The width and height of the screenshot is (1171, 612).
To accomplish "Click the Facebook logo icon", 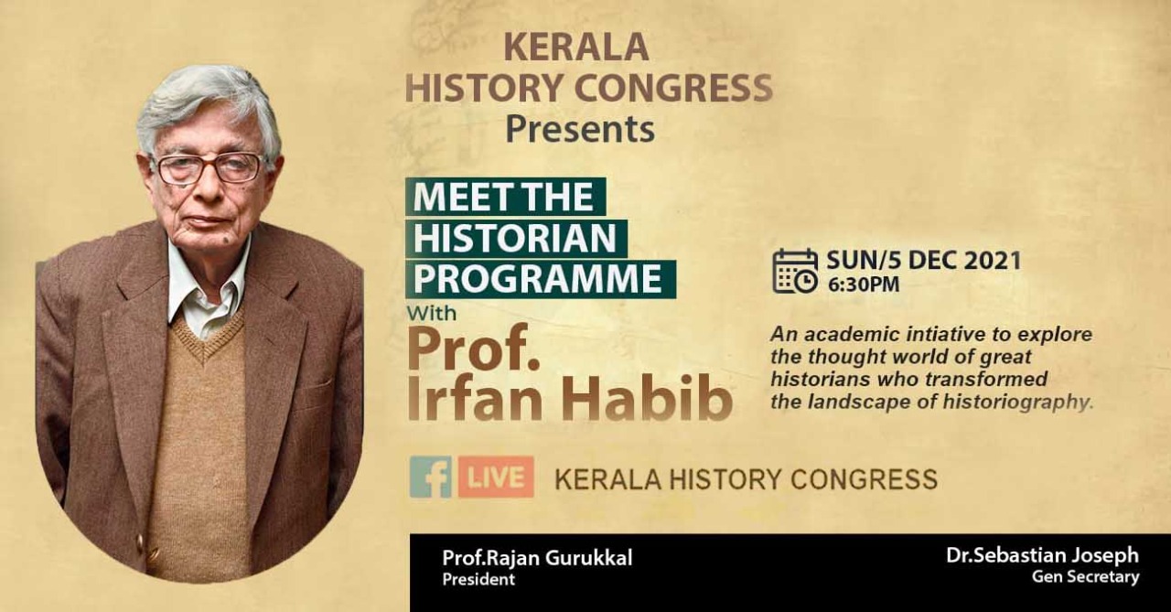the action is coord(431,477).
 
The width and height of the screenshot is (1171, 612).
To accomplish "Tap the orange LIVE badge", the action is coord(496,477).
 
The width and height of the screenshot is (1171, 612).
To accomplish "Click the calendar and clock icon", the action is coord(795,271).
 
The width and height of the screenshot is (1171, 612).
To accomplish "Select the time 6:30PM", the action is coord(864,285).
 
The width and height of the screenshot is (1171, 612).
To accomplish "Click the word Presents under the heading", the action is coord(580,129).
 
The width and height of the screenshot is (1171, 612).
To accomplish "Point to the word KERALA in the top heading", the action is coord(576,48).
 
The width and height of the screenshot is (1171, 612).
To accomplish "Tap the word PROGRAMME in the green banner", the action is coord(538,279).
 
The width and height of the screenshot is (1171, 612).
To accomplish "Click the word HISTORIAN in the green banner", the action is coord(515,238).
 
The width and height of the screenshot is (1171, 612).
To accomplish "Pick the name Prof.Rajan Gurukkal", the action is coord(537,558).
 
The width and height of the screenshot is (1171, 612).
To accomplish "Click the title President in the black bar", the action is coord(478,579).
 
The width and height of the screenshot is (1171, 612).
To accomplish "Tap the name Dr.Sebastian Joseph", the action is coord(1042,555).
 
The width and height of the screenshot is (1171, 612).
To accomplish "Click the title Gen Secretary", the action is coord(1085,577).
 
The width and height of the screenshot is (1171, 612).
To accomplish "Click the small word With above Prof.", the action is coord(432,314).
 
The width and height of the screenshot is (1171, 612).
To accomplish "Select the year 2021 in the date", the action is coord(993,261).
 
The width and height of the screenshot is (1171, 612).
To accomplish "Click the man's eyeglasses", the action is coord(209,167).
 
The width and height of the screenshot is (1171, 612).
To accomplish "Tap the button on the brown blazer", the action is coord(140,542).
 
